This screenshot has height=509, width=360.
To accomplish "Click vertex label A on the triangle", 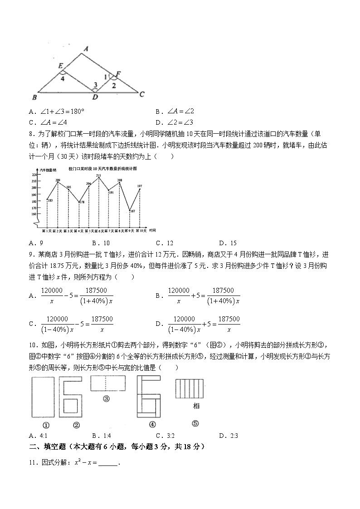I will coord(85,48).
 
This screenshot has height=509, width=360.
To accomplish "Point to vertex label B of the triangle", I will coord(34,97).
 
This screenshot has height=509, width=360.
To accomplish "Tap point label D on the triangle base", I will coord(95,97).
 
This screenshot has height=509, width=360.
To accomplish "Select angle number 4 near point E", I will coord(63,78).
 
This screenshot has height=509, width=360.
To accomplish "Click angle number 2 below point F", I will coord(114,85).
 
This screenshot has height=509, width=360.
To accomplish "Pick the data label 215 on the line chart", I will coord(98,175).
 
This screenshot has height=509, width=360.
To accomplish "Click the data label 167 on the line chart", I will coord(132,211).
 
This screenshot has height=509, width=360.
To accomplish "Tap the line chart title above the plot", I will coord(102,168).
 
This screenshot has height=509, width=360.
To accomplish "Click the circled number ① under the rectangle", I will coord(46,425).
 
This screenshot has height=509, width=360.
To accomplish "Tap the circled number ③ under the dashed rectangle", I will coord(107,399).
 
